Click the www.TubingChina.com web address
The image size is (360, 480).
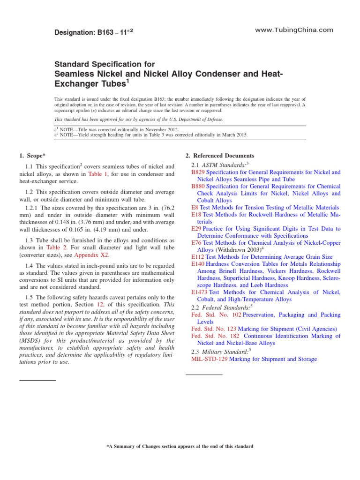(x=294, y=30)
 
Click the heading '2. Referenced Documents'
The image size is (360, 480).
(x=220, y=156)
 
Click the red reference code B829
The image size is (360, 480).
(x=198, y=172)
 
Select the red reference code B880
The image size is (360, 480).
(x=198, y=187)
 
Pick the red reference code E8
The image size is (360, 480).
(x=195, y=207)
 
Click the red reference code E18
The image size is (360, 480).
(x=196, y=214)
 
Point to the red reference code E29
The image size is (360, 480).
(x=196, y=229)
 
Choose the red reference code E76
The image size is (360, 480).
(x=196, y=243)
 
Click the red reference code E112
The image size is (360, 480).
(x=198, y=257)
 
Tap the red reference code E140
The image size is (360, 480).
(x=198, y=264)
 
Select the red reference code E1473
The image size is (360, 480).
(x=200, y=292)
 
